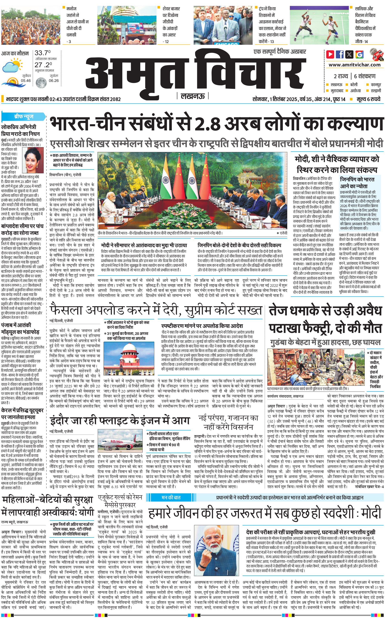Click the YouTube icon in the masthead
(330, 54)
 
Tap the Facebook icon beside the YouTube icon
(340, 54)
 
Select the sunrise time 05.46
(26, 81)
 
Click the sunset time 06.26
(54, 81)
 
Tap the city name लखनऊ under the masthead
(192, 96)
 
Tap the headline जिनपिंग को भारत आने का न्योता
(357, 182)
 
